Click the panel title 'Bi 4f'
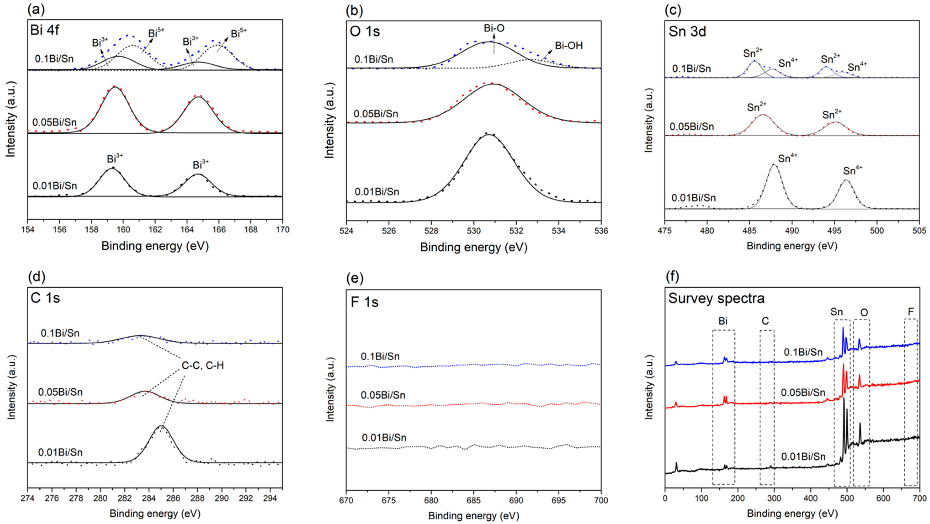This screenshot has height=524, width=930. pyautogui.click(x=45, y=30)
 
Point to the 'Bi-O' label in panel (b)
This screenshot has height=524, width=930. pyautogui.click(x=494, y=28)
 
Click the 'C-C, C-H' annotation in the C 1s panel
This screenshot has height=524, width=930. pyautogui.click(x=202, y=365)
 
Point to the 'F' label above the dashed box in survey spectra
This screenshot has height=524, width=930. pyautogui.click(x=911, y=311)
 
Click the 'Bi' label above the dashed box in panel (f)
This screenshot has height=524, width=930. pyautogui.click(x=723, y=321)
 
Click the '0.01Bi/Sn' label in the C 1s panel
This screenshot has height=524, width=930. pyautogui.click(x=60, y=452)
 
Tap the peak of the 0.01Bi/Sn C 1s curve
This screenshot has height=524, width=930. pyautogui.click(x=161, y=426)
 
